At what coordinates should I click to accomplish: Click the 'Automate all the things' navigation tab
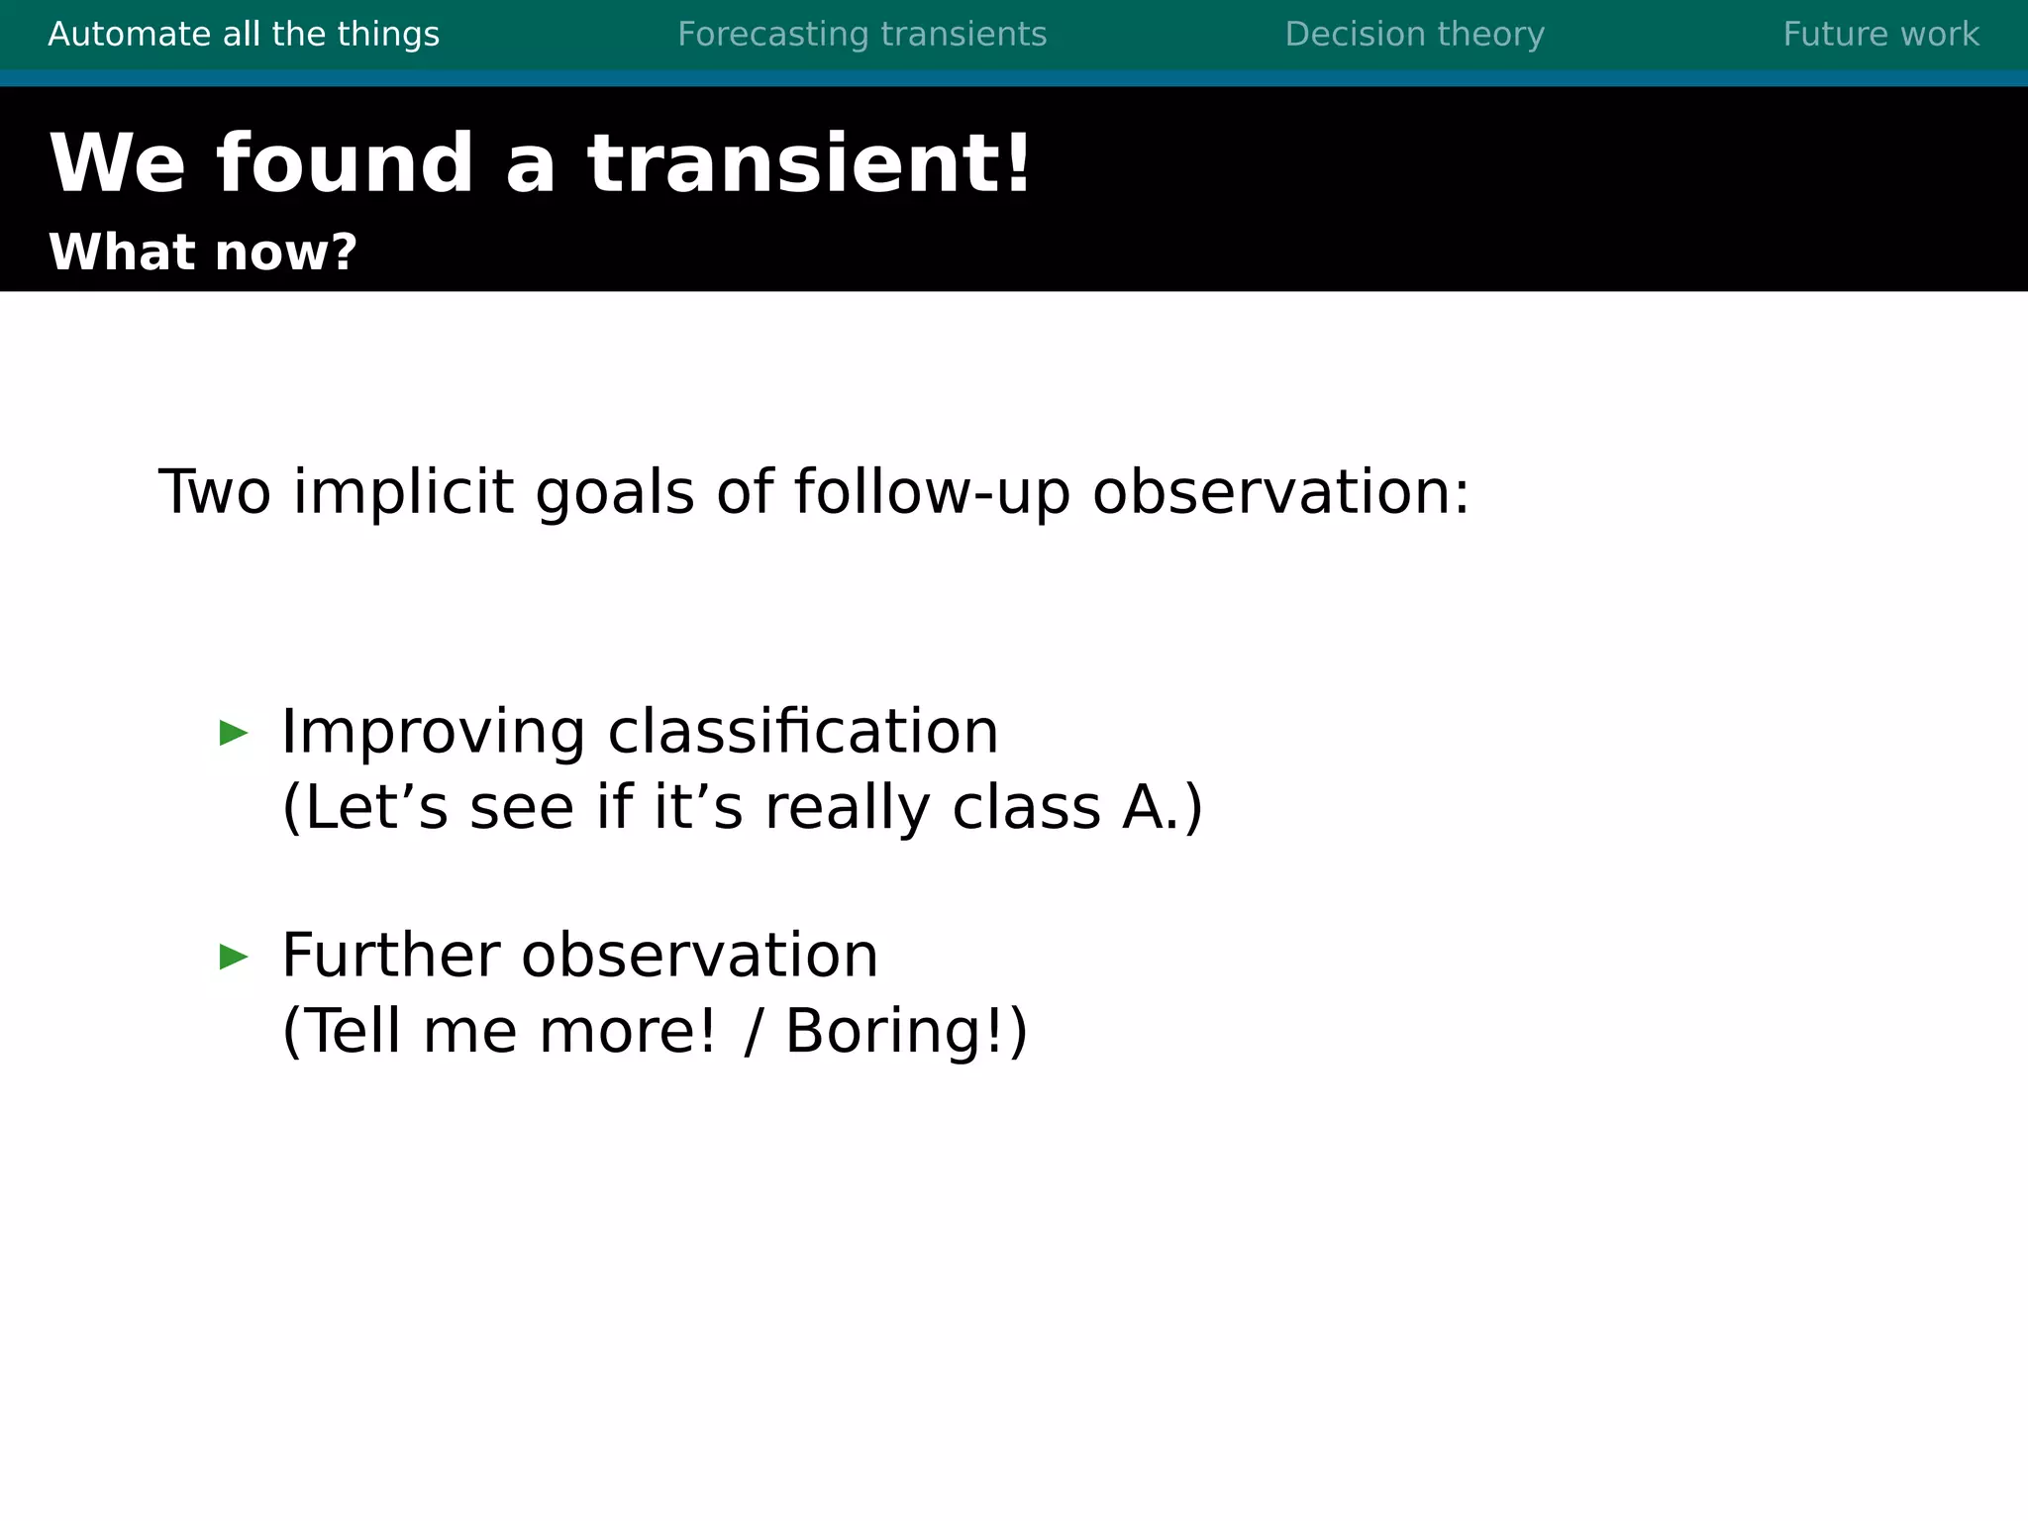click(244, 35)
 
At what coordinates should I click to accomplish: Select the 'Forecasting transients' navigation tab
click(862, 35)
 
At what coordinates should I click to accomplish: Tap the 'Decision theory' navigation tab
click(1414, 35)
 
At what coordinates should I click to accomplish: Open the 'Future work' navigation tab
click(1880, 35)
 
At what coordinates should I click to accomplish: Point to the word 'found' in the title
click(345, 163)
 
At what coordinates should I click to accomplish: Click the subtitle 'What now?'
click(202, 253)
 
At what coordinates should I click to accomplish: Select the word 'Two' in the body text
click(214, 492)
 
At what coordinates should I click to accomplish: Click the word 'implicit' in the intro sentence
click(403, 492)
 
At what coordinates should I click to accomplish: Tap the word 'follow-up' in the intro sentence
click(932, 492)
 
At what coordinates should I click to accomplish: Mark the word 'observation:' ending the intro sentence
click(1280, 492)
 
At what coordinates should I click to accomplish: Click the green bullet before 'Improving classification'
click(234, 734)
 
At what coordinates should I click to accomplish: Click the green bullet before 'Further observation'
click(234, 957)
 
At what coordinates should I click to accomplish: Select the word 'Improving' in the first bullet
click(433, 733)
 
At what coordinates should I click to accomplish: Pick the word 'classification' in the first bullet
click(803, 733)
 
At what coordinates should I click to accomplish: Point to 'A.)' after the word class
click(1163, 808)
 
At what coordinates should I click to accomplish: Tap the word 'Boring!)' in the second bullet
click(906, 1032)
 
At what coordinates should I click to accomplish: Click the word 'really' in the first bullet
click(847, 808)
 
